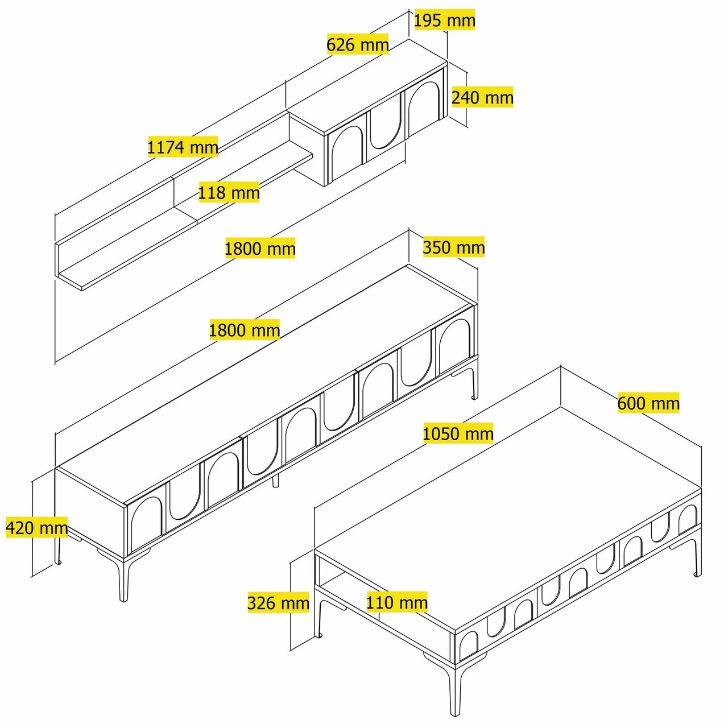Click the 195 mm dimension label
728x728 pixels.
tap(444, 20)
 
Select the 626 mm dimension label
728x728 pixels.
tap(357, 44)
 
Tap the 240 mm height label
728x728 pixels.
tap(482, 97)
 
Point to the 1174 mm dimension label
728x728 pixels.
tap(183, 146)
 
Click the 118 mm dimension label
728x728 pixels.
tap(229, 192)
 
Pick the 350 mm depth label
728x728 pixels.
tap(453, 247)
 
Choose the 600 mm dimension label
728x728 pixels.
tap(648, 403)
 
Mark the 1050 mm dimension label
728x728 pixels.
tap(458, 433)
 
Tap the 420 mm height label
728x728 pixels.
tap(36, 527)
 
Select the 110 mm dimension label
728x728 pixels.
tap(397, 602)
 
